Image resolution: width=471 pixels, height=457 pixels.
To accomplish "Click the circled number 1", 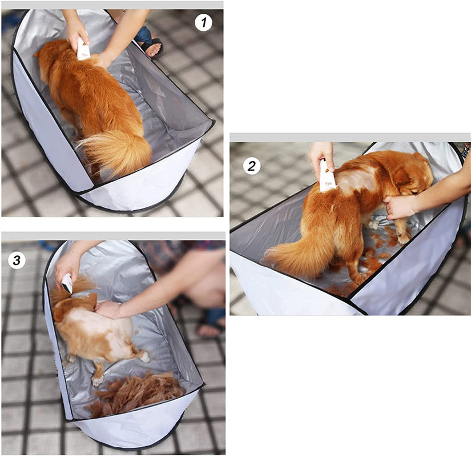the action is pos(204,22).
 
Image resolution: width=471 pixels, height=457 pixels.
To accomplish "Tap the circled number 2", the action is pos(251,166).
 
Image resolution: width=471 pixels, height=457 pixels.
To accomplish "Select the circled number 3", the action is pos(17,260).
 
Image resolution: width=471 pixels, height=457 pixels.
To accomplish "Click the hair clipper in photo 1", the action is pos(83,49).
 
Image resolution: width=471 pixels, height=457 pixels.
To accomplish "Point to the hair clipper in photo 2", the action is pos(327,177).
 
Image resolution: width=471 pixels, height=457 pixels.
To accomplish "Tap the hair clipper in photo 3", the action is pos(67,283).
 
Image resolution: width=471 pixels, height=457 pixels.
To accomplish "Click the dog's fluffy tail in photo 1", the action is pos(116,150).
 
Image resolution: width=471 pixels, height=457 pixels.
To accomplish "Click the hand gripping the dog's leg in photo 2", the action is pos(400,207).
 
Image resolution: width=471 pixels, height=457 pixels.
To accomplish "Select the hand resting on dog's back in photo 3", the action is pos(108,310).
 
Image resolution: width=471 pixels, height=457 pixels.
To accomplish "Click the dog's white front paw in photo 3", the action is pos(97,381).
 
